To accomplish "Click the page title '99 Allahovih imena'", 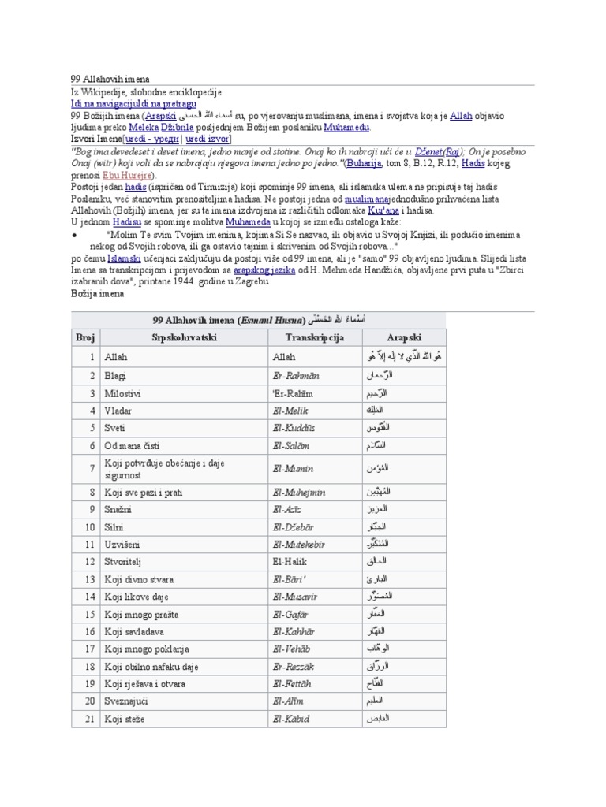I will (110, 80).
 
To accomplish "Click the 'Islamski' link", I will (125, 258).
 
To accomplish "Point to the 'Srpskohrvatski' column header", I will (184, 337).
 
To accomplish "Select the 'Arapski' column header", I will (403, 337).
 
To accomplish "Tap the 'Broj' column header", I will (85, 337).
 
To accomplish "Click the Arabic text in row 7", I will (380, 468).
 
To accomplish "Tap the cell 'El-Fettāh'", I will (295, 682).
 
